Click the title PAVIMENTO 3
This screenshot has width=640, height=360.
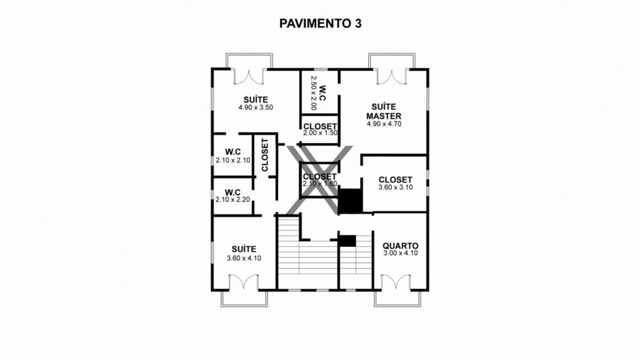tap(320, 24)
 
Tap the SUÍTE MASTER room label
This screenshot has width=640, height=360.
tap(384, 111)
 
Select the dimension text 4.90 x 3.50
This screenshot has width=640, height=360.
tap(256, 107)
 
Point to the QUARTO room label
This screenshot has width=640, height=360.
tap(401, 246)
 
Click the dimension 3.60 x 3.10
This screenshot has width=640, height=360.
tap(396, 187)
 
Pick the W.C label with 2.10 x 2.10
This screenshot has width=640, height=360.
tap(233, 152)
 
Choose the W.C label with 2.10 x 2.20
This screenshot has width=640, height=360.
tap(232, 192)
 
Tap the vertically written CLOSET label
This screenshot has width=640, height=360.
tap(265, 155)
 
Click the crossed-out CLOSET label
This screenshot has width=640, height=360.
tap(320, 176)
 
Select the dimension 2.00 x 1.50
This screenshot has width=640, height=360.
tap(321, 133)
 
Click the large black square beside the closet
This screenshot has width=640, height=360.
tap(350, 201)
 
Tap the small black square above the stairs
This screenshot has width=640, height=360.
tap(347, 241)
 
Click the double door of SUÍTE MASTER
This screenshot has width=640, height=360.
tap(391, 77)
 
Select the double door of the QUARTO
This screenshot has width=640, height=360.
tap(396, 282)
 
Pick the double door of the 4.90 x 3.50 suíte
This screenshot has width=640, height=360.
tap(249, 77)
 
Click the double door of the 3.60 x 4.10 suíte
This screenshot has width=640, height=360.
tap(244, 282)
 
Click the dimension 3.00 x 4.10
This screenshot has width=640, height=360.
tap(401, 253)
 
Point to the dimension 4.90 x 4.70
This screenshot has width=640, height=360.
tap(384, 124)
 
